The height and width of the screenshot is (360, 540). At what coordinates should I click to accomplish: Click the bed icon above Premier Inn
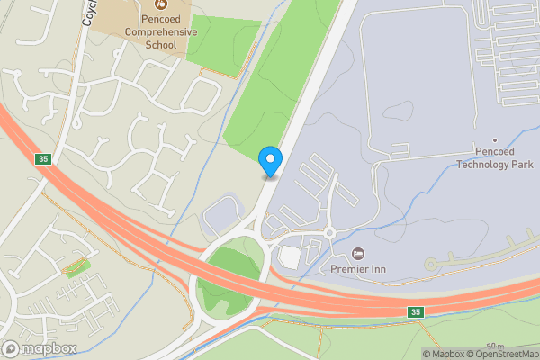point(359,253)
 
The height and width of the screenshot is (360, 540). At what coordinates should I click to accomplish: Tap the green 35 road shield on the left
point(42,159)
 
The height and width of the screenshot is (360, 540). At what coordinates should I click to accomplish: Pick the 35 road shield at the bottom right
point(414,312)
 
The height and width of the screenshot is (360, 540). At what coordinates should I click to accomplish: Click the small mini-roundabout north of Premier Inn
point(329,232)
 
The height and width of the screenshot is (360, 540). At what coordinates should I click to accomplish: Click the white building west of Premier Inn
point(290,257)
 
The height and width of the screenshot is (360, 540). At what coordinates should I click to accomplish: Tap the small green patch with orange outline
point(77,266)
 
